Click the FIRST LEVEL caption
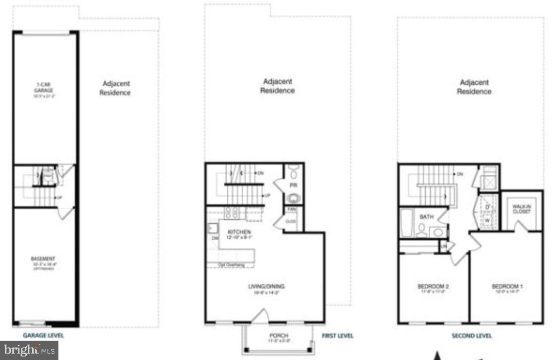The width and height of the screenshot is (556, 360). [x=338, y=336]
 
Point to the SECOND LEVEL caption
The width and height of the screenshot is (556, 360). [x=471, y=336]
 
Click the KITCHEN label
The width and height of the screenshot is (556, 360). [x=239, y=232]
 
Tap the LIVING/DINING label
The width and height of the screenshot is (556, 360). [x=266, y=286]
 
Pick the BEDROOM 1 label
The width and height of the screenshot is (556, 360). [x=507, y=286]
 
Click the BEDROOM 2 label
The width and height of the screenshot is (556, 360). [x=433, y=286]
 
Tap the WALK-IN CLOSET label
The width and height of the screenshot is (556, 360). [x=521, y=208]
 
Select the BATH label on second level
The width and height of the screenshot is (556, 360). [x=426, y=217]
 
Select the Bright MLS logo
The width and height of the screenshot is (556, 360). [x=29, y=350]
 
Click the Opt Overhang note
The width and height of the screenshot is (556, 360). [x=231, y=265]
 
